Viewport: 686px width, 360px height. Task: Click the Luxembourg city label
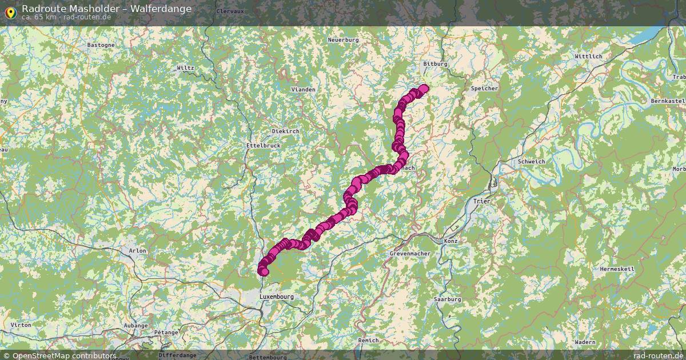(276, 297)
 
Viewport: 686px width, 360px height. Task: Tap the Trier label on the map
(482, 201)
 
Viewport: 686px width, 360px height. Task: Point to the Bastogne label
(101, 45)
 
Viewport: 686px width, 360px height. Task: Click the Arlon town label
(137, 250)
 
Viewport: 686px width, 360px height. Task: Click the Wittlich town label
(588, 57)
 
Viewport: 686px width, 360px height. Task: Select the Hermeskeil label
(617, 269)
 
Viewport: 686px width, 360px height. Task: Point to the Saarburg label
(447, 299)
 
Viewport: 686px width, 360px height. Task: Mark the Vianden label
(303, 90)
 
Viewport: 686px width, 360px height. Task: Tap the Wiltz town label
(185, 67)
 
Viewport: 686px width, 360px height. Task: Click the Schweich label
(531, 162)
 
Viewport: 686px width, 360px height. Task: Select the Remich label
(368, 340)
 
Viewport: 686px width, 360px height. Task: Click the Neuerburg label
(343, 40)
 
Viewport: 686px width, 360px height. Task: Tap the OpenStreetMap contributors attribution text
(63, 355)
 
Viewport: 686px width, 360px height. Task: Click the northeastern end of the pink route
(424, 88)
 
